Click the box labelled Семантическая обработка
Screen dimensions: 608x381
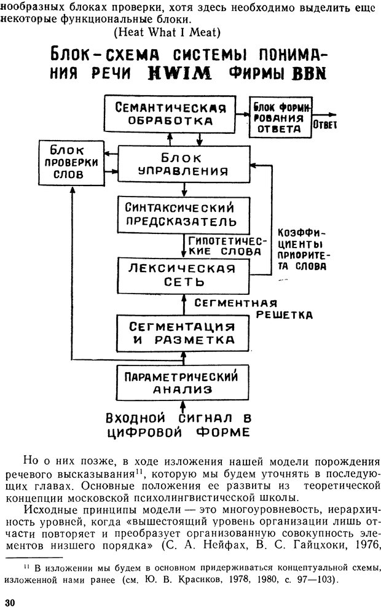pyautogui.click(x=171, y=115)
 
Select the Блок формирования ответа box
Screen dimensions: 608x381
pyautogui.click(x=280, y=117)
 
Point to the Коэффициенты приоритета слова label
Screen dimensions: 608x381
pyautogui.click(x=302, y=250)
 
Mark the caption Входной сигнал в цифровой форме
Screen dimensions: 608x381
pyautogui.click(x=178, y=424)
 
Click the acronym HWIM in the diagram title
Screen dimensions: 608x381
pyautogui.click(x=180, y=74)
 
